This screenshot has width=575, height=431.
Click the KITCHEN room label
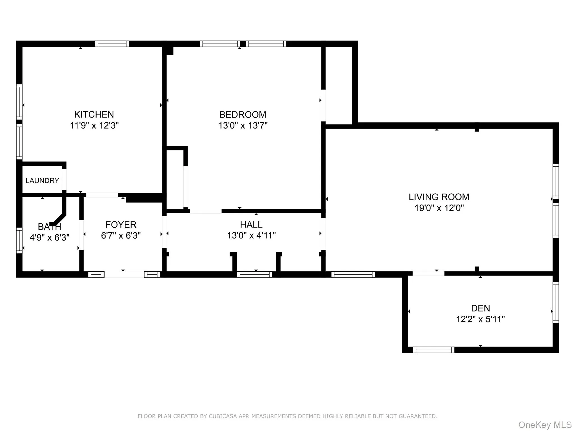[x=94, y=114]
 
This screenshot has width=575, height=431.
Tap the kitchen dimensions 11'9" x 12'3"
[x=94, y=125]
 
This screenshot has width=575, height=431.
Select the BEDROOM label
[x=243, y=114]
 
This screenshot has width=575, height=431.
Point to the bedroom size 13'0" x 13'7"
[x=243, y=125]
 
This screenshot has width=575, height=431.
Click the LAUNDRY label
[x=42, y=180]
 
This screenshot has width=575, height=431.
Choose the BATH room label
[x=49, y=226]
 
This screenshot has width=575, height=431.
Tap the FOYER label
[x=121, y=224]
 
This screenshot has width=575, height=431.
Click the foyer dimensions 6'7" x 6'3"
[x=121, y=235]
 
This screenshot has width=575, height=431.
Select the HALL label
[x=251, y=224]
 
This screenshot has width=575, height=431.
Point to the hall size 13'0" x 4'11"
[x=251, y=235]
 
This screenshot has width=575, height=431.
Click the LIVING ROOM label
[x=439, y=197]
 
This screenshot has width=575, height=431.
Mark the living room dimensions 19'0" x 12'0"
[x=439, y=208]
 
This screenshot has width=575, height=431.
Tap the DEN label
[x=480, y=308]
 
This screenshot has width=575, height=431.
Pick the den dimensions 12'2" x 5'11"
[x=480, y=319]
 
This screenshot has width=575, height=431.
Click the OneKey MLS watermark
[x=545, y=425]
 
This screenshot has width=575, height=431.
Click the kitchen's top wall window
[x=112, y=44]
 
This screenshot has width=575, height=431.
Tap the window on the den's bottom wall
[x=433, y=350]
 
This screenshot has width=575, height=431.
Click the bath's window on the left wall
[x=19, y=240]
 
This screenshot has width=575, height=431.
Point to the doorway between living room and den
[x=428, y=273]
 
